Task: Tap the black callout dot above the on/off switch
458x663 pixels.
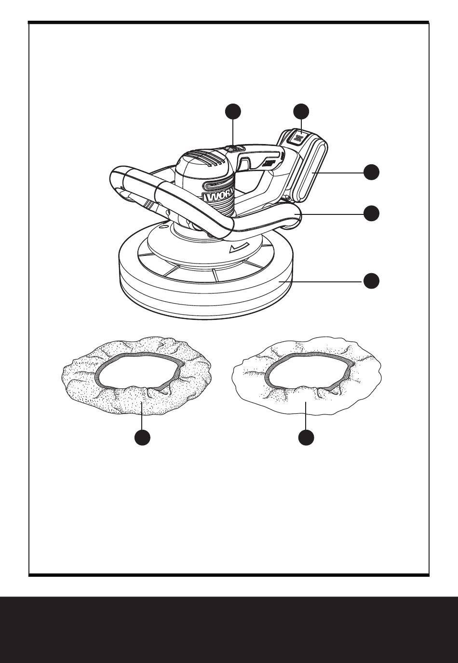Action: click(x=234, y=111)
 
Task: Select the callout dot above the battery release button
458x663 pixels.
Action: click(x=302, y=111)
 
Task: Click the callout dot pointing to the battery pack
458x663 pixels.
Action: click(x=371, y=172)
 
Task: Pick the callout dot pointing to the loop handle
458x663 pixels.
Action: click(x=371, y=213)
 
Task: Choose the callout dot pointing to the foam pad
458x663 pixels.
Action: click(x=371, y=281)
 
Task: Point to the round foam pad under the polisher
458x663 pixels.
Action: click(x=207, y=294)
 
